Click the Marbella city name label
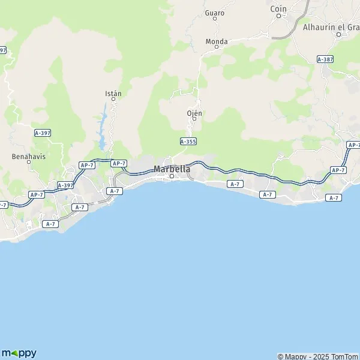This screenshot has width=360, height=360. (x=172, y=169)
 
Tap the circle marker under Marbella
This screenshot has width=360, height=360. (x=172, y=176)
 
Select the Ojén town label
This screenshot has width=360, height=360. (x=194, y=113)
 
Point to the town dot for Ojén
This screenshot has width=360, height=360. (x=194, y=119)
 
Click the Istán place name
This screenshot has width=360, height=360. (x=113, y=94)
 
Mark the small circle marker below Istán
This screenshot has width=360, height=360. (x=113, y=100)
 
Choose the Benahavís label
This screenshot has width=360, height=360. (x=29, y=156)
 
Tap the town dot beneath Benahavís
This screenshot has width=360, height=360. (x=29, y=162)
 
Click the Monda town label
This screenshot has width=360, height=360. (x=217, y=41)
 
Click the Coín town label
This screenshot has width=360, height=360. (x=279, y=9)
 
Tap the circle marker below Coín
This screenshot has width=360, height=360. (x=279, y=16)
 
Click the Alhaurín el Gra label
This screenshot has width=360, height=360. (x=331, y=26)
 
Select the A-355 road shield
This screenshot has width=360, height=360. (x=188, y=141)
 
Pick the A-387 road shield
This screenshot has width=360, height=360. (x=325, y=59)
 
